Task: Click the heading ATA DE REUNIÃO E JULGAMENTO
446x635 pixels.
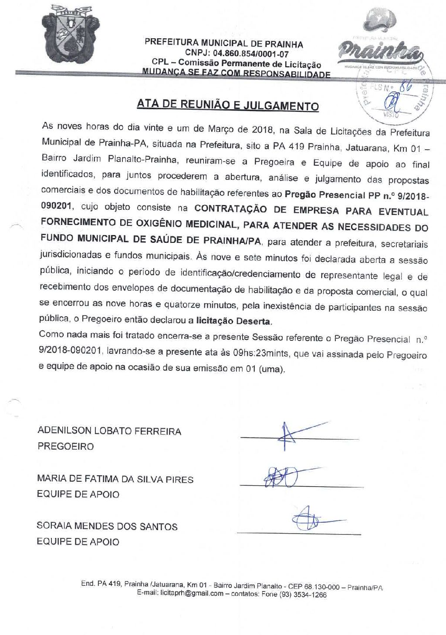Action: pos(227,105)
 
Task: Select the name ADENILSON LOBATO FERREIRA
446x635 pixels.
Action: pos(109,431)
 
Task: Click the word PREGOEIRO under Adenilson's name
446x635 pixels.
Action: pos(65,447)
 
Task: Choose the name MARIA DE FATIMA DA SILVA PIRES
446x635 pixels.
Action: pos(115,479)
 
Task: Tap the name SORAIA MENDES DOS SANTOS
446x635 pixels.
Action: pos(107,526)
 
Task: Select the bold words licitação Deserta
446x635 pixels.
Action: pos(233,321)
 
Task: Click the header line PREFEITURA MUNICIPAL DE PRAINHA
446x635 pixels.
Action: pos(224,44)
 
